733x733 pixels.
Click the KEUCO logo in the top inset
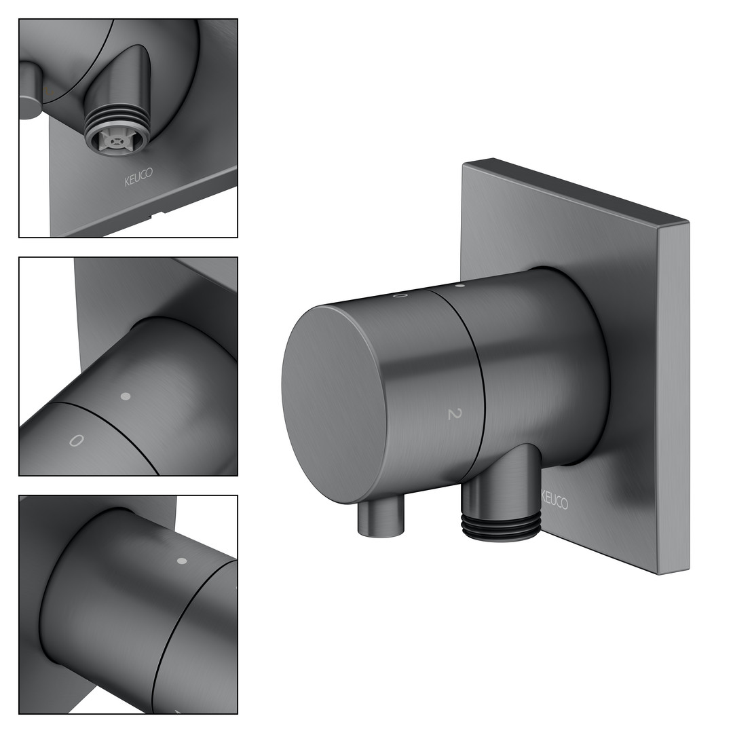click(138, 177)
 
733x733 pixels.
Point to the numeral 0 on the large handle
click(400, 295)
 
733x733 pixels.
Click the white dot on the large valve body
click(459, 285)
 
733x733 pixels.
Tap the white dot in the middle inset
click(126, 396)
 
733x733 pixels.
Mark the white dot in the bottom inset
click(183, 561)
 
